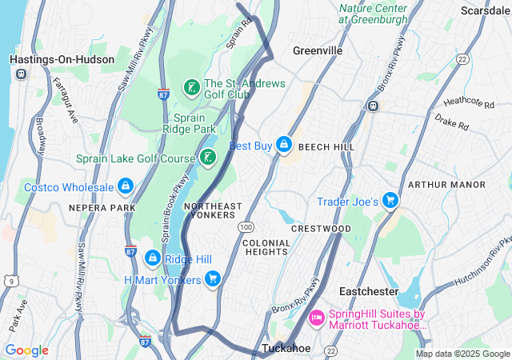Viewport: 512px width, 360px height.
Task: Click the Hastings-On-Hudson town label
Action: point(53,59)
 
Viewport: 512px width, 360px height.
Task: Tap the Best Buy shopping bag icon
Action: point(282,145)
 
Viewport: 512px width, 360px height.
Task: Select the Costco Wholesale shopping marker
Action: point(125,187)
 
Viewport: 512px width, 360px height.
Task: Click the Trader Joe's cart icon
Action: point(390,201)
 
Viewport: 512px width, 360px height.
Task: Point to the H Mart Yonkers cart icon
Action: point(213,279)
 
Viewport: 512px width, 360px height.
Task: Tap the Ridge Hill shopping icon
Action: point(152,258)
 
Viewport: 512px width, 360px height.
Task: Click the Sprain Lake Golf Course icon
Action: point(207,158)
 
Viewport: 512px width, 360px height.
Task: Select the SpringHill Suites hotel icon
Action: point(316,318)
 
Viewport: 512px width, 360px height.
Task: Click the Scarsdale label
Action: point(485,10)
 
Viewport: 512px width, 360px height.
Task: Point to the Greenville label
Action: point(318,50)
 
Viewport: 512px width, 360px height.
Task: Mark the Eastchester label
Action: point(368,290)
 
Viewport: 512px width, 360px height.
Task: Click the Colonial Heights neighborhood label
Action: point(265,246)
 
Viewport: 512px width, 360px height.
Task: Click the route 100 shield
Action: point(245,228)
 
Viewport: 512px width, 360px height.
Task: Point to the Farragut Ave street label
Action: point(66,100)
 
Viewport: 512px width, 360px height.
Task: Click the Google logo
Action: point(26,350)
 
